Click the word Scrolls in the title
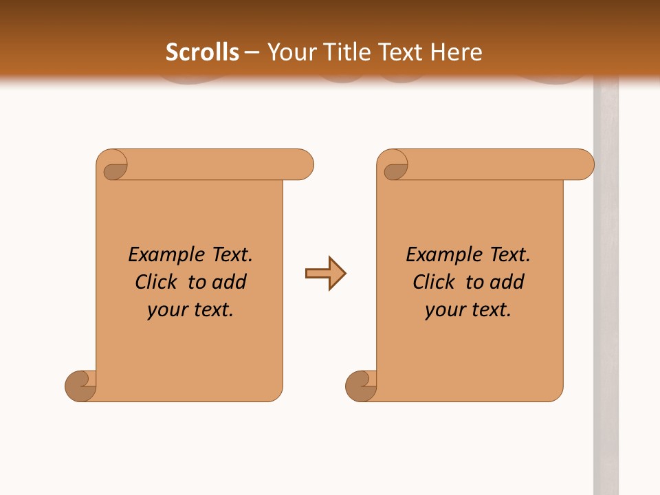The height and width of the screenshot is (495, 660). [202, 52]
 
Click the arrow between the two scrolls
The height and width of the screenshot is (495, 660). [325, 274]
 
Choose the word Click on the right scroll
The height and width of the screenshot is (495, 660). [434, 282]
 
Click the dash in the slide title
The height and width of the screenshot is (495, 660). [252, 52]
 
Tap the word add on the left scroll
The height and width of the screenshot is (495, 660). [230, 282]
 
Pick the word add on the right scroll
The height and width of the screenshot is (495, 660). [507, 282]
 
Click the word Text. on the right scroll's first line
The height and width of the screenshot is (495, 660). [510, 255]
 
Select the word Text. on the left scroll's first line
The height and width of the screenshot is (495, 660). [232, 255]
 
